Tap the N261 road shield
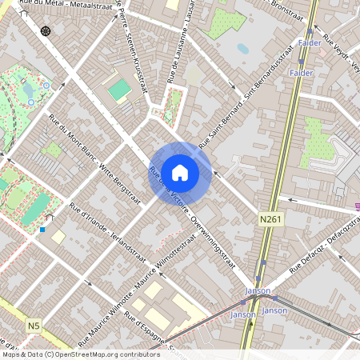point(270,218)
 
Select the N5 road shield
point(33,326)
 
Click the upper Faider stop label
point(309,42)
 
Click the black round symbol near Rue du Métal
point(45,31)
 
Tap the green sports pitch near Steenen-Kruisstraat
point(119,90)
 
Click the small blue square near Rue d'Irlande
point(42,230)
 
